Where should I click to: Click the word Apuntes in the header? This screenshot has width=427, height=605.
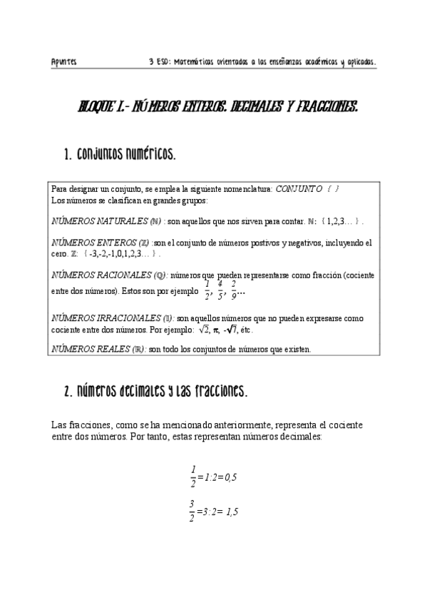(64, 62)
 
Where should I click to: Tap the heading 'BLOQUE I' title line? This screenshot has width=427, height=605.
(217, 108)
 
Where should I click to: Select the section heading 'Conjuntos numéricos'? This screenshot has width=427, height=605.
(119, 154)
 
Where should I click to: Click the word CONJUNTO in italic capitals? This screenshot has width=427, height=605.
(299, 188)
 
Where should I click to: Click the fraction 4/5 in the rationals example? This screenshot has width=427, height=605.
(221, 290)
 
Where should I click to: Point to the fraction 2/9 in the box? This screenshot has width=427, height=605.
(234, 290)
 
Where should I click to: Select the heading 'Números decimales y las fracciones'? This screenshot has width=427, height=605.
(155, 392)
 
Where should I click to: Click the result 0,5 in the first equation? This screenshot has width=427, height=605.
(230, 477)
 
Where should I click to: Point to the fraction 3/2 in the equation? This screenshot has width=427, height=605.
(192, 512)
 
